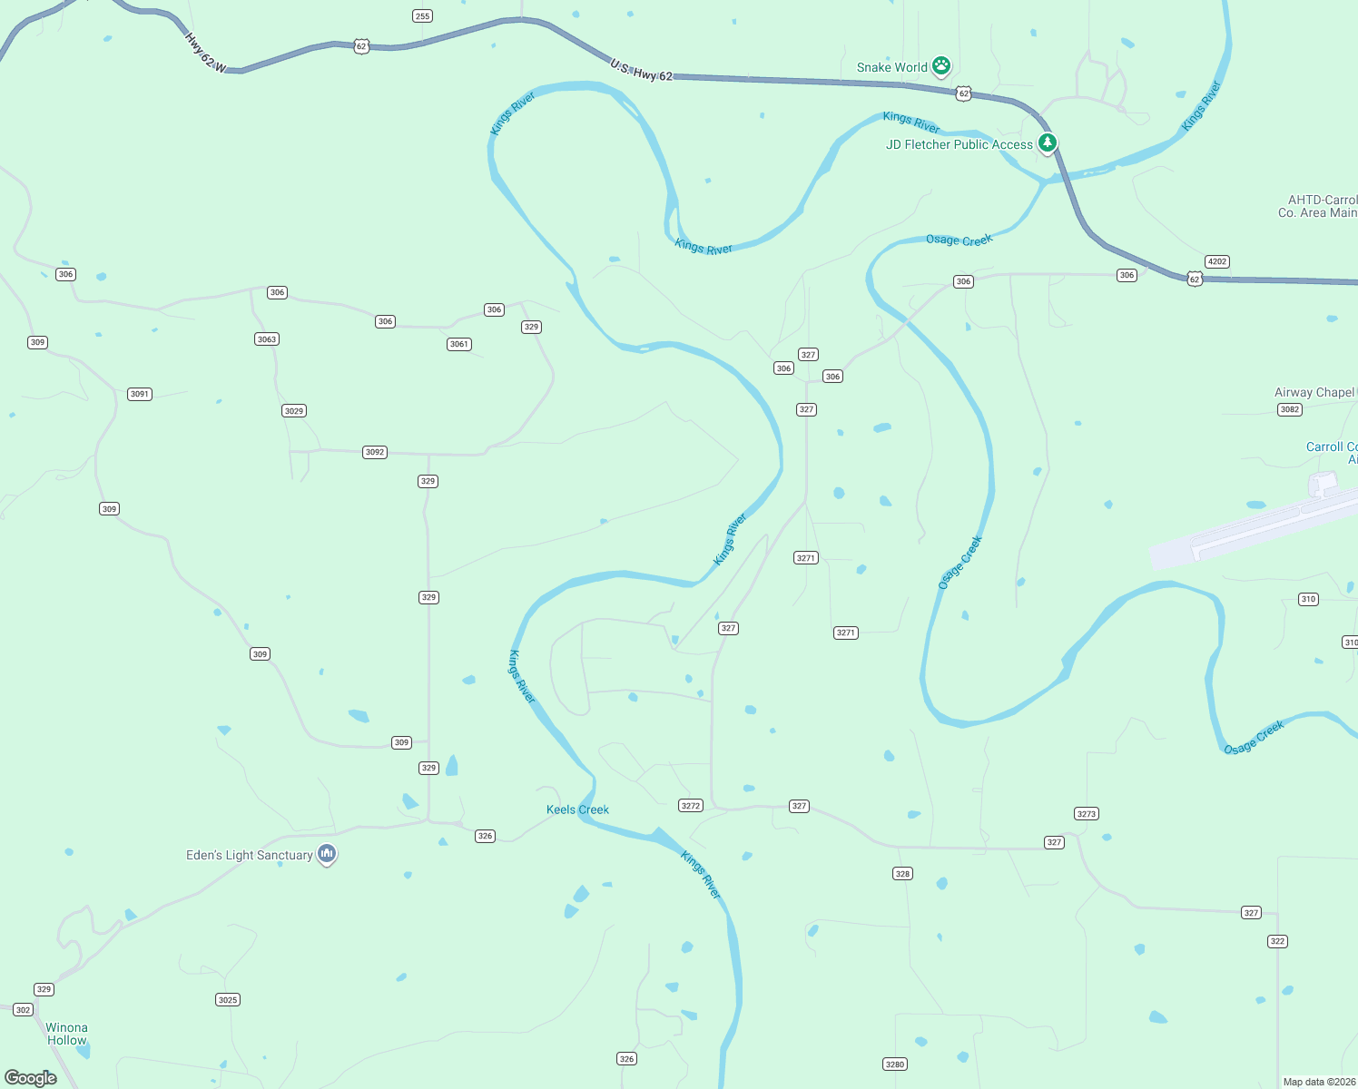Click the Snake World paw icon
point(941,66)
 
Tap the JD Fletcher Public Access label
point(959,144)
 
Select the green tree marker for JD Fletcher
point(1048,143)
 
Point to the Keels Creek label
point(577,809)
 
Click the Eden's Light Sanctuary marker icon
point(327,854)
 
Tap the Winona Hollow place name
point(67,1034)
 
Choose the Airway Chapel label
point(1314,392)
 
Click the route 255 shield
point(422,15)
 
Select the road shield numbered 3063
point(266,338)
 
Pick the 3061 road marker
point(459,344)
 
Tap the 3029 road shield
point(293,411)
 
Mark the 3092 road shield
point(375,452)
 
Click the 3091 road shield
point(139,394)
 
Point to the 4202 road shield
point(1217,261)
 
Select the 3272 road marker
point(691,806)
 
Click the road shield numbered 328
point(902,874)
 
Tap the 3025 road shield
point(228,1000)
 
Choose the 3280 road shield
point(895,1064)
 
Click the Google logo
point(31,1078)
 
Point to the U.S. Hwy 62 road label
point(642,71)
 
